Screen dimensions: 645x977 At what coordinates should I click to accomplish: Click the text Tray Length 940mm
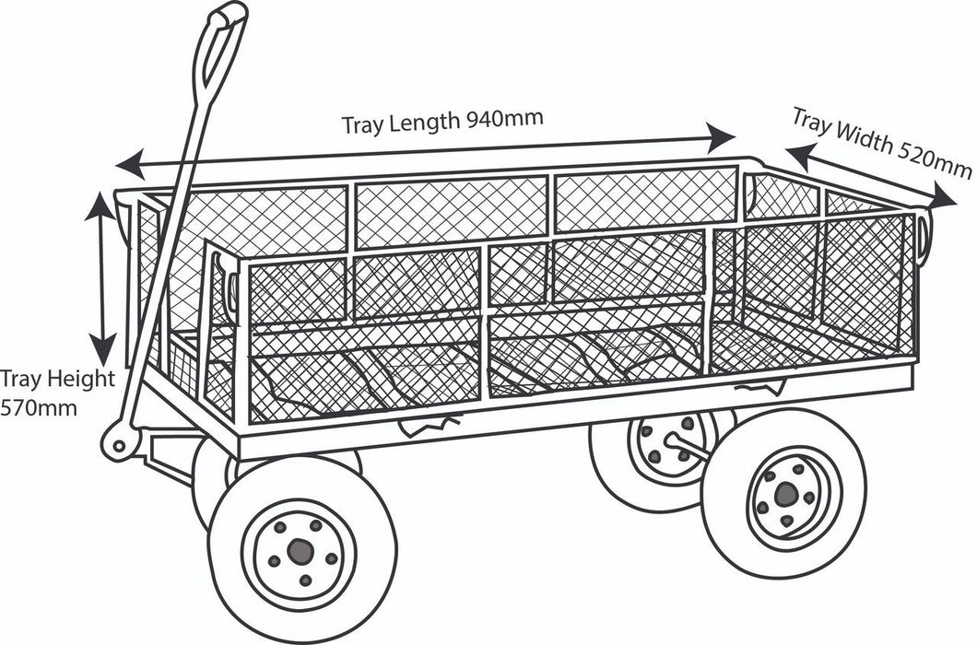click(x=442, y=121)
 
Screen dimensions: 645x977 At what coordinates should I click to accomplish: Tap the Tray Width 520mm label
click(x=880, y=144)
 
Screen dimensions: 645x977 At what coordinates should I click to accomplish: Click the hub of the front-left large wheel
click(x=299, y=551)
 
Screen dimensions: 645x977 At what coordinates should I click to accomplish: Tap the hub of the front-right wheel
click(x=785, y=495)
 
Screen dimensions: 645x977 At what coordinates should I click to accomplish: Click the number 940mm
click(x=504, y=118)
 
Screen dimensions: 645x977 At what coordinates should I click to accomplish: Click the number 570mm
click(x=39, y=405)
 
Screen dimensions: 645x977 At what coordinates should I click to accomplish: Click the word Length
click(x=426, y=121)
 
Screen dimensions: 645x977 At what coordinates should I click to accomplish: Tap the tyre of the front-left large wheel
click(x=230, y=571)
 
